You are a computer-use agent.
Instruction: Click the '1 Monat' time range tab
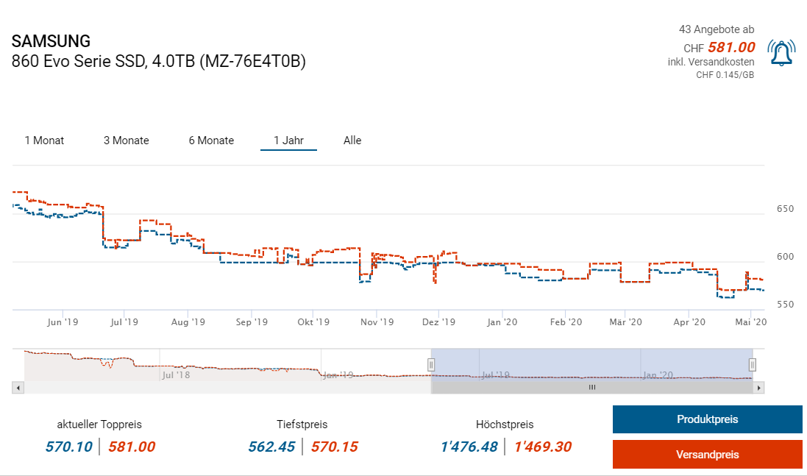(x=44, y=141)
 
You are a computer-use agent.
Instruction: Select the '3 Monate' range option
(x=126, y=141)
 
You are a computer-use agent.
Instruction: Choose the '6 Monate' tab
(x=211, y=141)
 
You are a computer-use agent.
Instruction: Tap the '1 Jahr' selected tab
(x=288, y=141)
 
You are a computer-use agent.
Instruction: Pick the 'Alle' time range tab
(x=352, y=141)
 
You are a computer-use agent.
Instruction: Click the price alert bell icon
(x=781, y=52)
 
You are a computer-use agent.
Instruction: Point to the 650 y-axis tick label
(x=785, y=210)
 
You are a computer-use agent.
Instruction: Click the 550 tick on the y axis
(x=785, y=305)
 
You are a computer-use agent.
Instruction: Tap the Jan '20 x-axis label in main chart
(x=504, y=322)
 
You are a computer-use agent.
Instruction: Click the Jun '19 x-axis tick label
(x=62, y=322)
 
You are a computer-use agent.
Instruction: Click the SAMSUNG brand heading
(x=51, y=41)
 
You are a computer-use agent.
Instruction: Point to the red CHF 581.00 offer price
(x=731, y=47)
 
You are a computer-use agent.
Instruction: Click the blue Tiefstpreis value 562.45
(x=271, y=447)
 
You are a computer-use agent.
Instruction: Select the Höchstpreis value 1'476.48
(x=469, y=447)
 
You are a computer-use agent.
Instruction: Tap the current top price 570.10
(x=70, y=447)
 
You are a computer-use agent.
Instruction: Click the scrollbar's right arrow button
(x=759, y=387)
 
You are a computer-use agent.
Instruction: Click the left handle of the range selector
(x=432, y=364)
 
